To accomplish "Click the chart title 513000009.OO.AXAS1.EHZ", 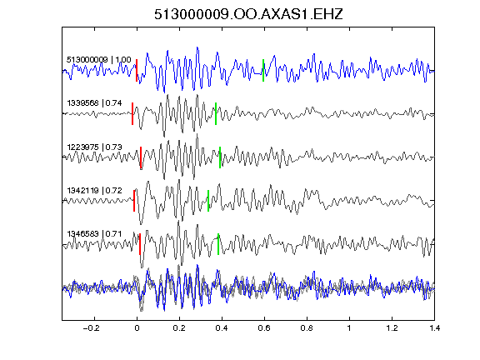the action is click(248, 14).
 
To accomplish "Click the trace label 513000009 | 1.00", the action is click(99, 59).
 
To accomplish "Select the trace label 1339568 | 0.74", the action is click(94, 103).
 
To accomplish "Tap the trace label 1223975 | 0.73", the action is click(94, 147).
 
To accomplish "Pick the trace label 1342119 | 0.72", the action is click(94, 191).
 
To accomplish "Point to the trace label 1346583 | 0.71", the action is click(94, 234).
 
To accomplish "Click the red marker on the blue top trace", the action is click(137, 70).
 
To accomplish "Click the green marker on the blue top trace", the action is click(263, 70).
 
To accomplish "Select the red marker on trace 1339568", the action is click(132, 114).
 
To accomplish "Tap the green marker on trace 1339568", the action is click(216, 114).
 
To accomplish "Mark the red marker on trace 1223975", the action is click(141, 157).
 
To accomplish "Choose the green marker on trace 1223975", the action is click(220, 157).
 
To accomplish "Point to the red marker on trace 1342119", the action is click(134, 201).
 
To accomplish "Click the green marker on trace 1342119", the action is click(208, 201).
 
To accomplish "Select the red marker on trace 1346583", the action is click(140, 244).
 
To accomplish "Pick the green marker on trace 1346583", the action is click(218, 244).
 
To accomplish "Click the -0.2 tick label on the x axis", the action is click(92, 328).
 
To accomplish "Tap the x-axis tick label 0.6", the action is click(264, 328).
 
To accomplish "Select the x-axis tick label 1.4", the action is click(434, 328).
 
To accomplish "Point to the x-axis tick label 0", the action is click(137, 328).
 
